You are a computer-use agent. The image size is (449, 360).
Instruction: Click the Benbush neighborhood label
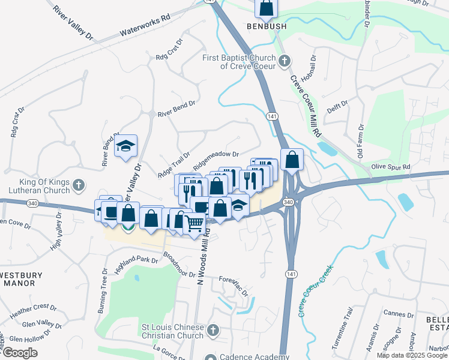click(x=267, y=26)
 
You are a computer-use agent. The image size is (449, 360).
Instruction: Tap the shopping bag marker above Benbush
click(x=267, y=8)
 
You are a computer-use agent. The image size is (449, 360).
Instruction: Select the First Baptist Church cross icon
click(x=286, y=61)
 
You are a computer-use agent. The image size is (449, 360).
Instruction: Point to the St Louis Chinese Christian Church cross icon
click(x=212, y=331)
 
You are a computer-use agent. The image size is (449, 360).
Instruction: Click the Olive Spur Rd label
click(x=390, y=167)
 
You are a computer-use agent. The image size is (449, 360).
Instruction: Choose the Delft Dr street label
click(x=338, y=108)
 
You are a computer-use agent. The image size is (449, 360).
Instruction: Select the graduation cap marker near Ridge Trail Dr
click(x=126, y=146)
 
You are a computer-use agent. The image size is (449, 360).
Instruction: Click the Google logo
click(x=20, y=353)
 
